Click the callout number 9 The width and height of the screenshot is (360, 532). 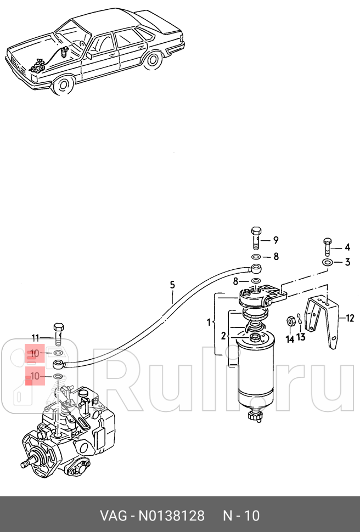(276, 240)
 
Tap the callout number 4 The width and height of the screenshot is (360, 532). (347, 247)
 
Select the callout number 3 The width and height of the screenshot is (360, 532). (347, 262)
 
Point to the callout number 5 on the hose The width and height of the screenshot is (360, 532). (172, 285)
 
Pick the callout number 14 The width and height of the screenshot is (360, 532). (290, 339)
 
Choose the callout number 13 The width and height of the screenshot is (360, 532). (301, 337)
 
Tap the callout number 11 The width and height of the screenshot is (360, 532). (36, 338)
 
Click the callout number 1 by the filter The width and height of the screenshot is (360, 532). (209, 322)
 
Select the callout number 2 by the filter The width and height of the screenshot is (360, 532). (223, 336)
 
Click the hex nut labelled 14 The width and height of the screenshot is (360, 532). (290, 320)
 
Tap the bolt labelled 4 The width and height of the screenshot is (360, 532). (328, 247)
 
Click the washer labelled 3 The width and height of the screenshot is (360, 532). (328, 262)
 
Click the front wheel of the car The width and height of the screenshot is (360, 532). (63, 84)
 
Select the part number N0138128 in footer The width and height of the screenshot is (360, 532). (171, 516)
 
